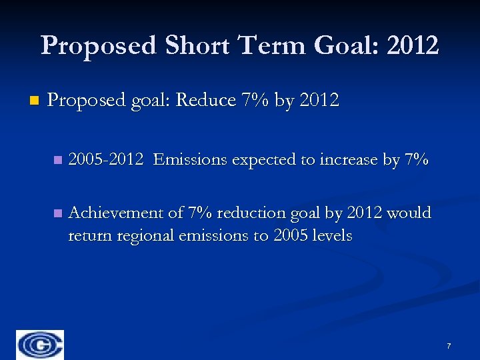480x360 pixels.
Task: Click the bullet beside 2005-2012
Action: click(x=58, y=160)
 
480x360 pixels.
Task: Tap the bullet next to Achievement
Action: click(x=58, y=213)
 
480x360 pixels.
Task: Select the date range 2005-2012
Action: click(x=106, y=160)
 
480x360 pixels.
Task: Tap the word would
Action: click(x=409, y=213)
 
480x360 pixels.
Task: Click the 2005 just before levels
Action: click(x=290, y=235)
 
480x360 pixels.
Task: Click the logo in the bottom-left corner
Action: click(x=41, y=345)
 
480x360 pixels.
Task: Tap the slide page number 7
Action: click(x=449, y=346)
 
